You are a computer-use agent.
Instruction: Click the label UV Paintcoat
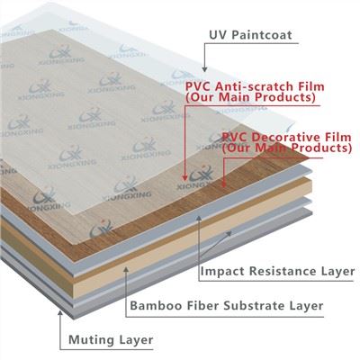tap(250, 35)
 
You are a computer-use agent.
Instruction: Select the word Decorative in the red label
tap(282, 137)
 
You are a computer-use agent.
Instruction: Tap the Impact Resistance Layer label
tap(277, 271)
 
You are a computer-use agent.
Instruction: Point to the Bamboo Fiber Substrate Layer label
tap(227, 306)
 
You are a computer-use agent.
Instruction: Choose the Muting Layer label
tap(111, 340)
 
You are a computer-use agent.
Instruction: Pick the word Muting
tap(91, 340)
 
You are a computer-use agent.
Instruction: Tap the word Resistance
tap(280, 271)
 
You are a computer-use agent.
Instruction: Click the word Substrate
tap(255, 306)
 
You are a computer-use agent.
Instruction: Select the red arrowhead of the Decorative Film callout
tap(223, 183)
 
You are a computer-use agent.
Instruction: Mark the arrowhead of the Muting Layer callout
tap(60, 314)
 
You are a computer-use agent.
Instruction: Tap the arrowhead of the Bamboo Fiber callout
tap(126, 269)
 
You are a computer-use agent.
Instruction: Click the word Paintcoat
tap(262, 35)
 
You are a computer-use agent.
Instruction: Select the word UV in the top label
tap(218, 35)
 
